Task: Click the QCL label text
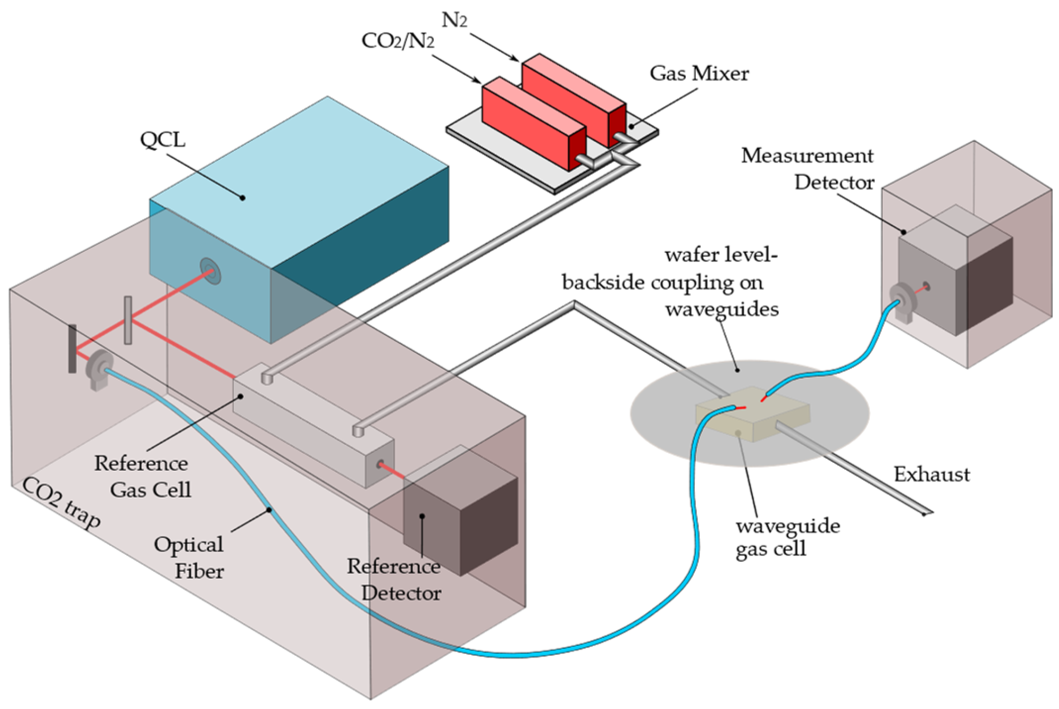pos(162,140)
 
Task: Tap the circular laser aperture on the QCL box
pos(211,271)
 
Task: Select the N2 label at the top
pos(455,21)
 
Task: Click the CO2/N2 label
pos(398,41)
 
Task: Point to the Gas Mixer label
pos(698,73)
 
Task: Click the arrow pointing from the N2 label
pos(495,47)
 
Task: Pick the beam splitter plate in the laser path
pos(128,320)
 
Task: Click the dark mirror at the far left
pos(72,349)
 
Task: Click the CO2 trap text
pos(61,503)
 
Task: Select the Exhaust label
pos(931,474)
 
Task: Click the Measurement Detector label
pos(808,169)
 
